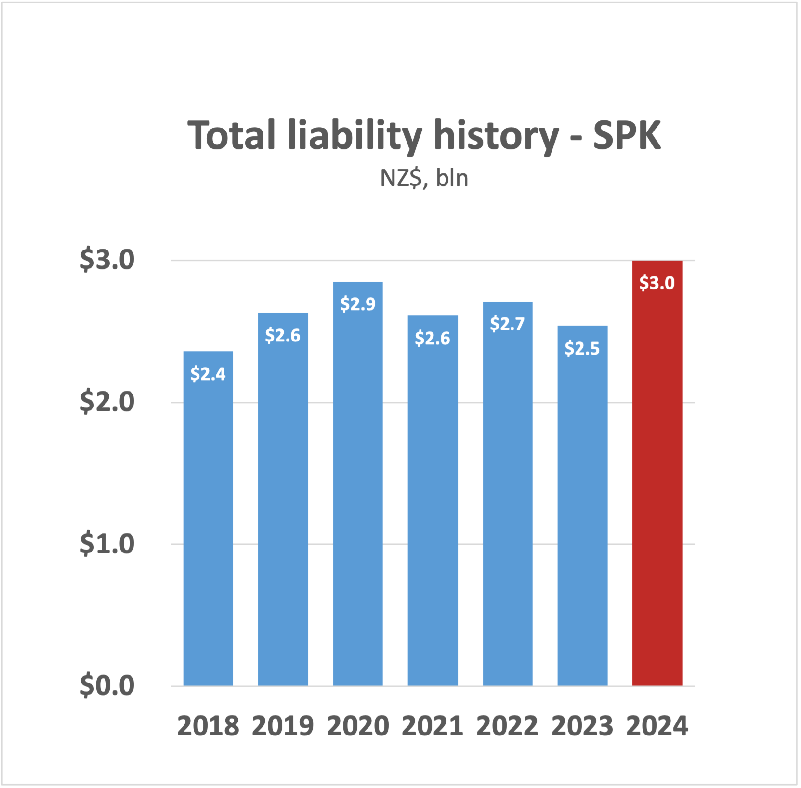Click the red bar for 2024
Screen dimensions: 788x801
tap(657, 482)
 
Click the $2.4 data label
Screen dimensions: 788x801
tap(208, 374)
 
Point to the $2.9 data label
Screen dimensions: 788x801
tap(358, 304)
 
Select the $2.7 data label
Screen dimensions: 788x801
tap(507, 324)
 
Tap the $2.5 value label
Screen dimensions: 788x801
tap(582, 348)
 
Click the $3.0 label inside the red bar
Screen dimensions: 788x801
tap(657, 283)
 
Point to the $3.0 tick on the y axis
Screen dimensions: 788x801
tap(107, 260)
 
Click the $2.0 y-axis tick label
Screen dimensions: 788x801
tap(107, 402)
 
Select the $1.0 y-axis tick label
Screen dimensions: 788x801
tap(107, 544)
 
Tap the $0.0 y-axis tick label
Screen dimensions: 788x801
tap(107, 685)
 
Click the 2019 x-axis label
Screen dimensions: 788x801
tap(283, 726)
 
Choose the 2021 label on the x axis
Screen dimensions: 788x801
tap(433, 726)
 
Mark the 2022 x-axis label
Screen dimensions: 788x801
tap(507, 726)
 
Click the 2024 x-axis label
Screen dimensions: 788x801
tap(657, 726)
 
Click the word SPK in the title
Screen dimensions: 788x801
tap(627, 136)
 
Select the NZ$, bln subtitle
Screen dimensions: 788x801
tap(424, 178)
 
